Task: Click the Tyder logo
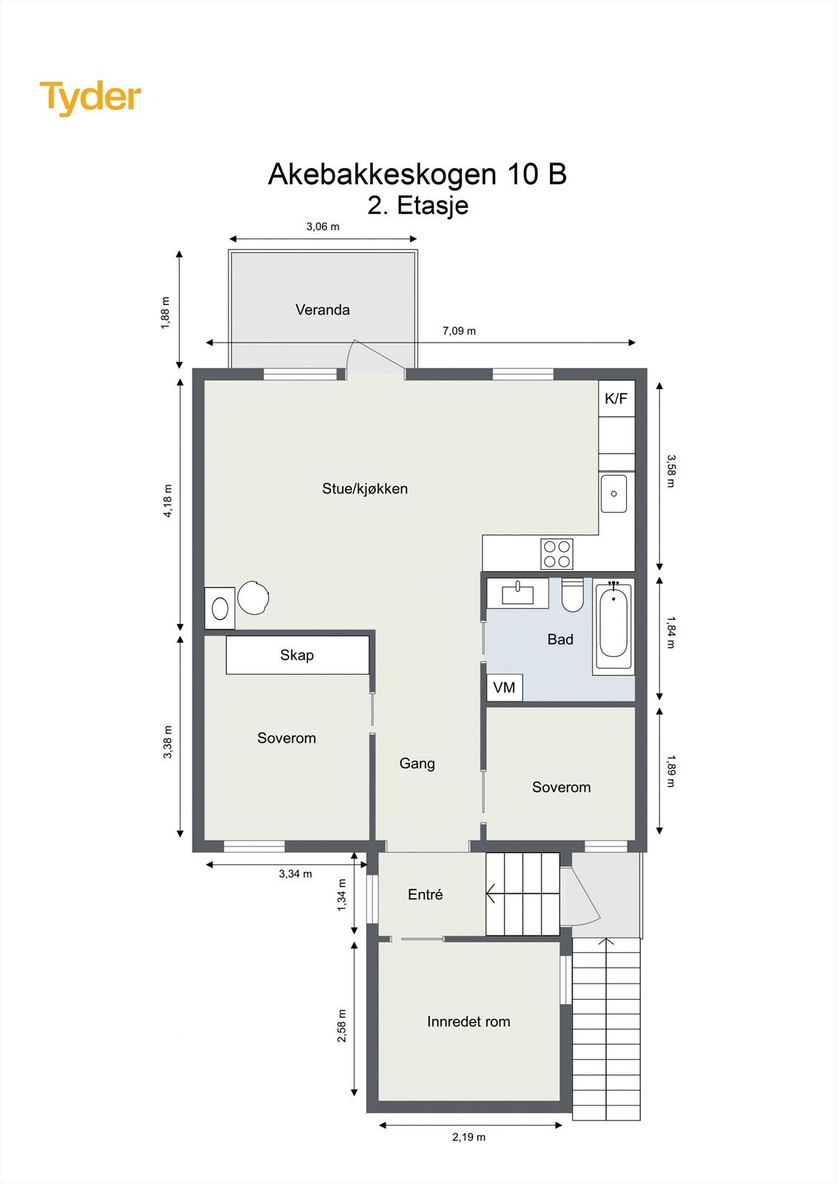(x=90, y=98)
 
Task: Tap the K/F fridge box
(x=616, y=399)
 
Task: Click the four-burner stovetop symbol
(x=557, y=554)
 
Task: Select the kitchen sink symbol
(x=614, y=494)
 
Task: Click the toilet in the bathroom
(x=572, y=596)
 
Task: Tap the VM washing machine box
(x=504, y=687)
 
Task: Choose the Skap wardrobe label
(x=297, y=655)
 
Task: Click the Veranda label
(x=323, y=310)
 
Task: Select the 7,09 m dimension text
(x=459, y=331)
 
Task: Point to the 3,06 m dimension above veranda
(x=323, y=226)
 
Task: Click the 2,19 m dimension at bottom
(x=469, y=1137)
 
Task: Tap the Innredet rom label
(x=468, y=1022)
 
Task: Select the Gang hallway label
(x=417, y=763)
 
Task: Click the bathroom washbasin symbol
(x=517, y=593)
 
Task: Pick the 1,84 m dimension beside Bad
(x=670, y=632)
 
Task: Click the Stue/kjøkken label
(x=365, y=488)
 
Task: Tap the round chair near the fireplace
(x=253, y=597)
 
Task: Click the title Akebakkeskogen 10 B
(x=417, y=174)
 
